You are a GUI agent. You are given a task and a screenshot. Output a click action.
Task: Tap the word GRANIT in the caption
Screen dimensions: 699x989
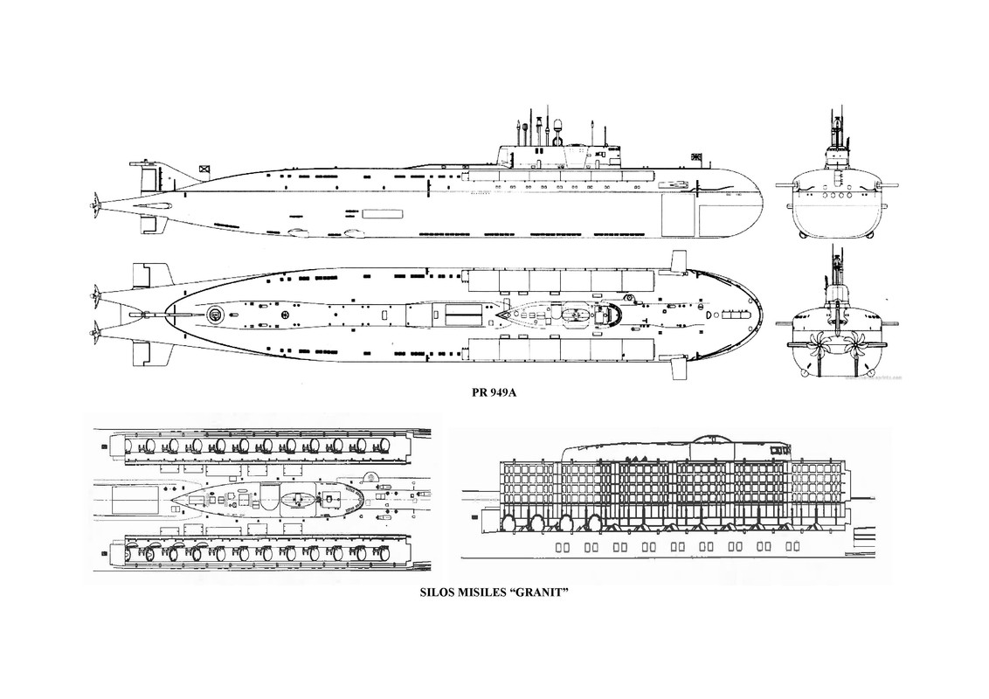(x=543, y=592)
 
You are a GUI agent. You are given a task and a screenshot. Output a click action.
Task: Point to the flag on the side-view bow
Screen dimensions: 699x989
(x=696, y=158)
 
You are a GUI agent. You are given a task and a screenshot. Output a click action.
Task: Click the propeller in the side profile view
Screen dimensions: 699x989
(x=92, y=203)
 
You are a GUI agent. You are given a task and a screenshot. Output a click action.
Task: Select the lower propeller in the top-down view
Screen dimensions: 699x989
(x=93, y=330)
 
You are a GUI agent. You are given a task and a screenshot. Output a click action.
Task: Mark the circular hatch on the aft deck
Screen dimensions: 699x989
(x=214, y=312)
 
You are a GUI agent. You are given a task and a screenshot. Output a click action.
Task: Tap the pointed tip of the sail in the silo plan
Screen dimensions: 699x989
(x=174, y=500)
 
